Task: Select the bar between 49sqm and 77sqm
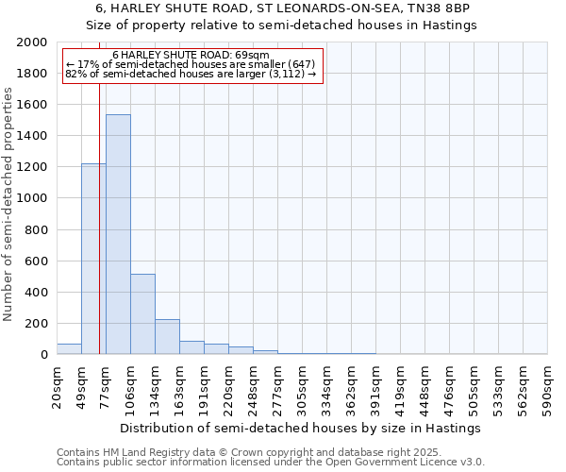coord(93,259)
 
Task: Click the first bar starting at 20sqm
coord(69,349)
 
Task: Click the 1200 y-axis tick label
coord(33,167)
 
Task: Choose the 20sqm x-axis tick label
coord(57,386)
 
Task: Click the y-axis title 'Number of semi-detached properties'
coord(8,204)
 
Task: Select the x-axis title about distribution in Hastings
coord(301,428)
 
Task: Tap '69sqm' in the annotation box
coord(253,56)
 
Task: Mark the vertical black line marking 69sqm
coord(99,236)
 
